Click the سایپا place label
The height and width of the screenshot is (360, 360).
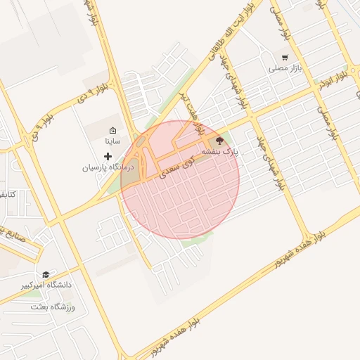point(112,141)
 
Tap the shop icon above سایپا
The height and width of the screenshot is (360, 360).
point(112,130)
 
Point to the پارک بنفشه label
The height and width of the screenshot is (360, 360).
point(221,151)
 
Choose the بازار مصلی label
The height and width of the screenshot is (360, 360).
point(284,69)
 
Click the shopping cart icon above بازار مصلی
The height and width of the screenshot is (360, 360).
point(284,58)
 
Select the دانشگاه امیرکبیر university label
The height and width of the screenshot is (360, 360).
point(46,285)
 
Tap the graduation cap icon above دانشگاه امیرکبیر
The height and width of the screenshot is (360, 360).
point(46,274)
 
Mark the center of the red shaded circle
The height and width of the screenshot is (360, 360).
point(180,179)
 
